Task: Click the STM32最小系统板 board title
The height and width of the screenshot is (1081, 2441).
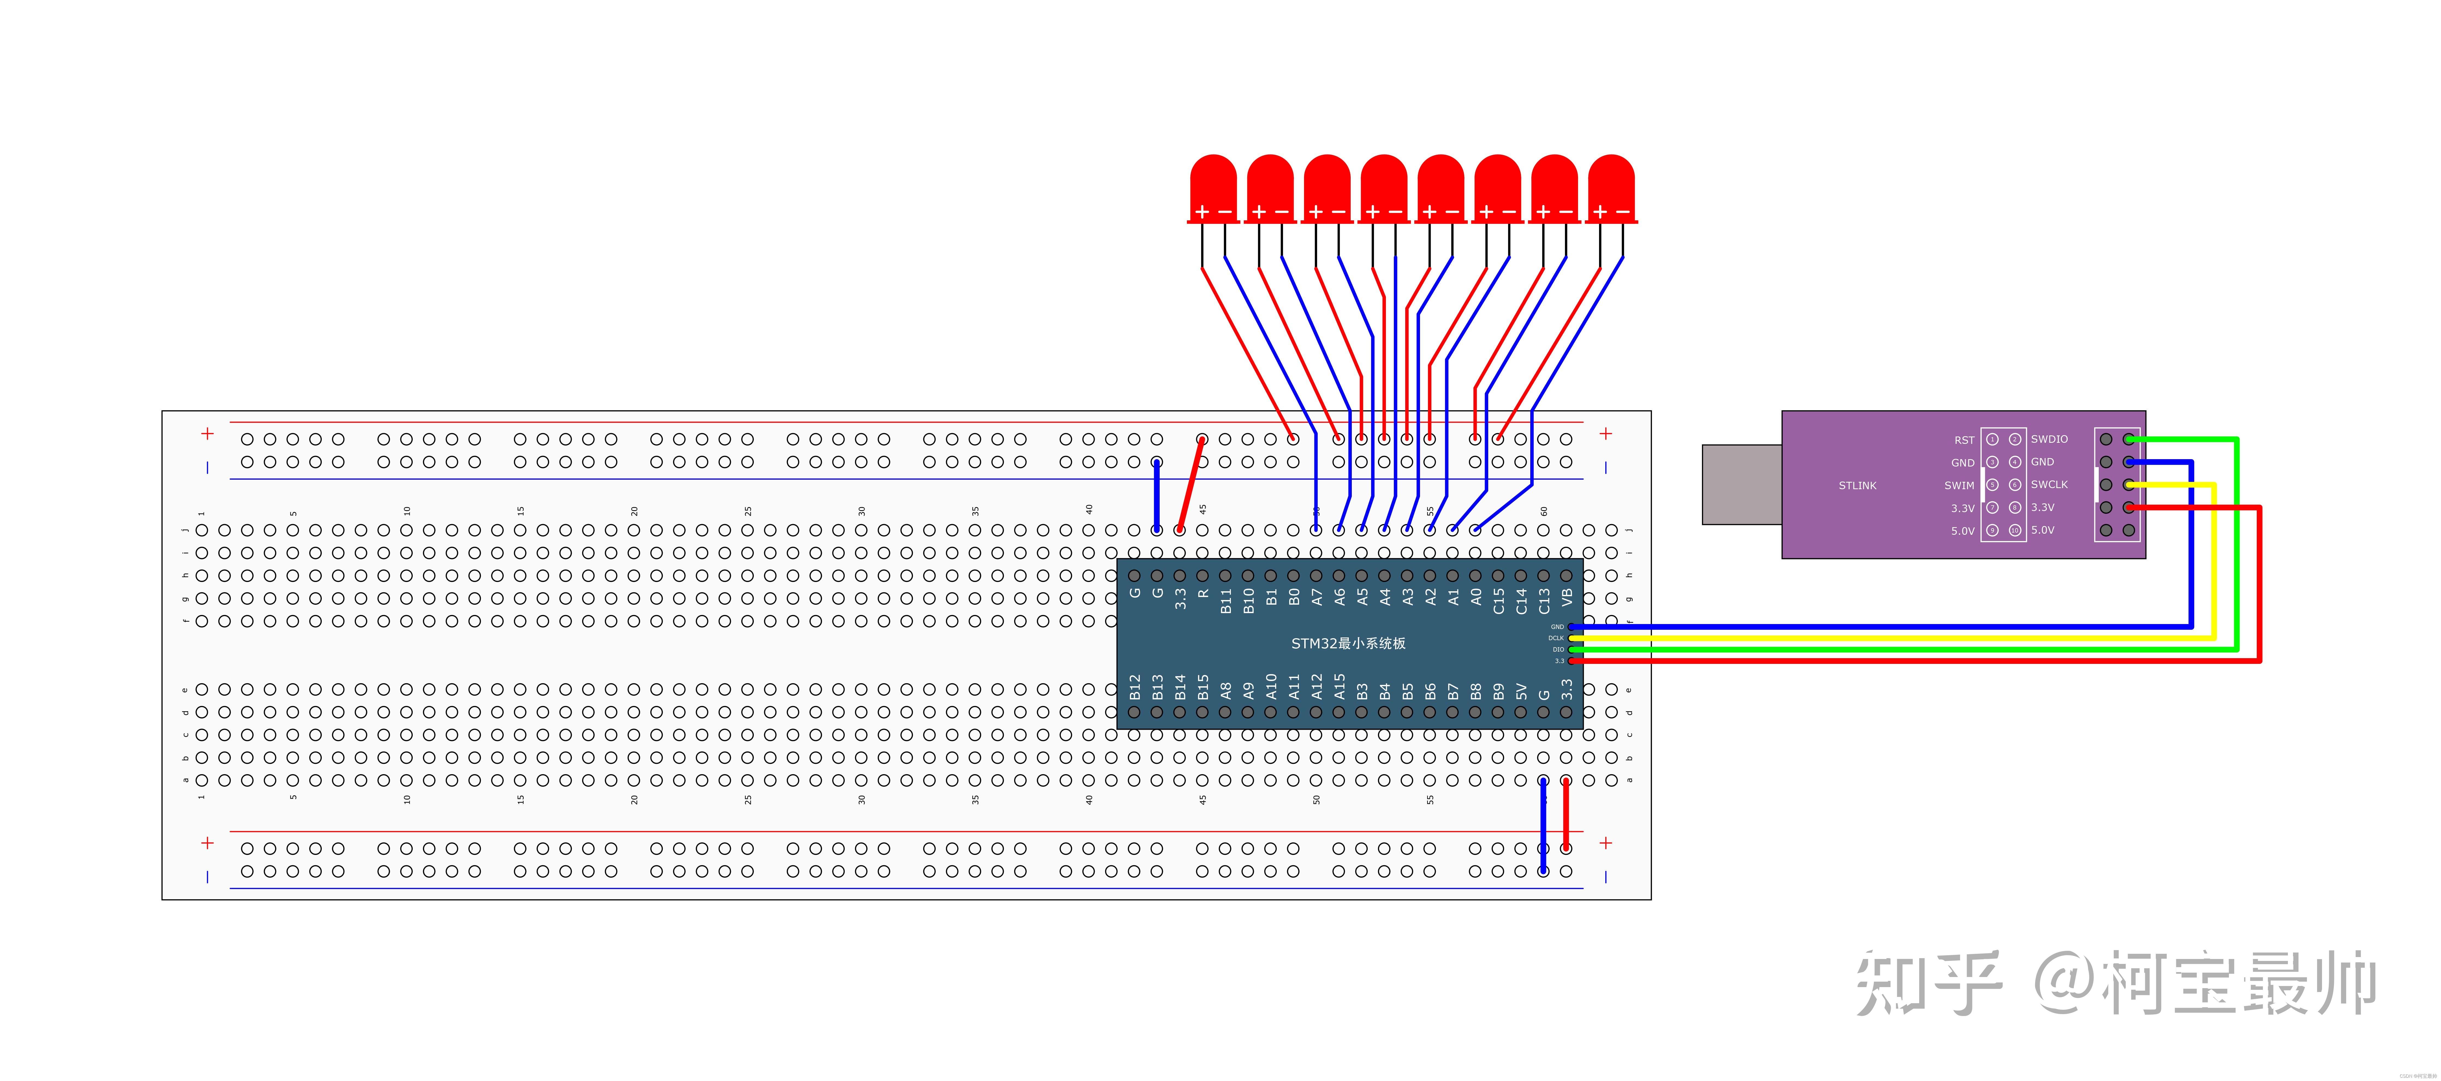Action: coord(1347,643)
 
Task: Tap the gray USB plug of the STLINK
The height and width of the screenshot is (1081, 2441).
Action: coord(1742,484)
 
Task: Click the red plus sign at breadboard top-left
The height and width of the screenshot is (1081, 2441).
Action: coord(207,434)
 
